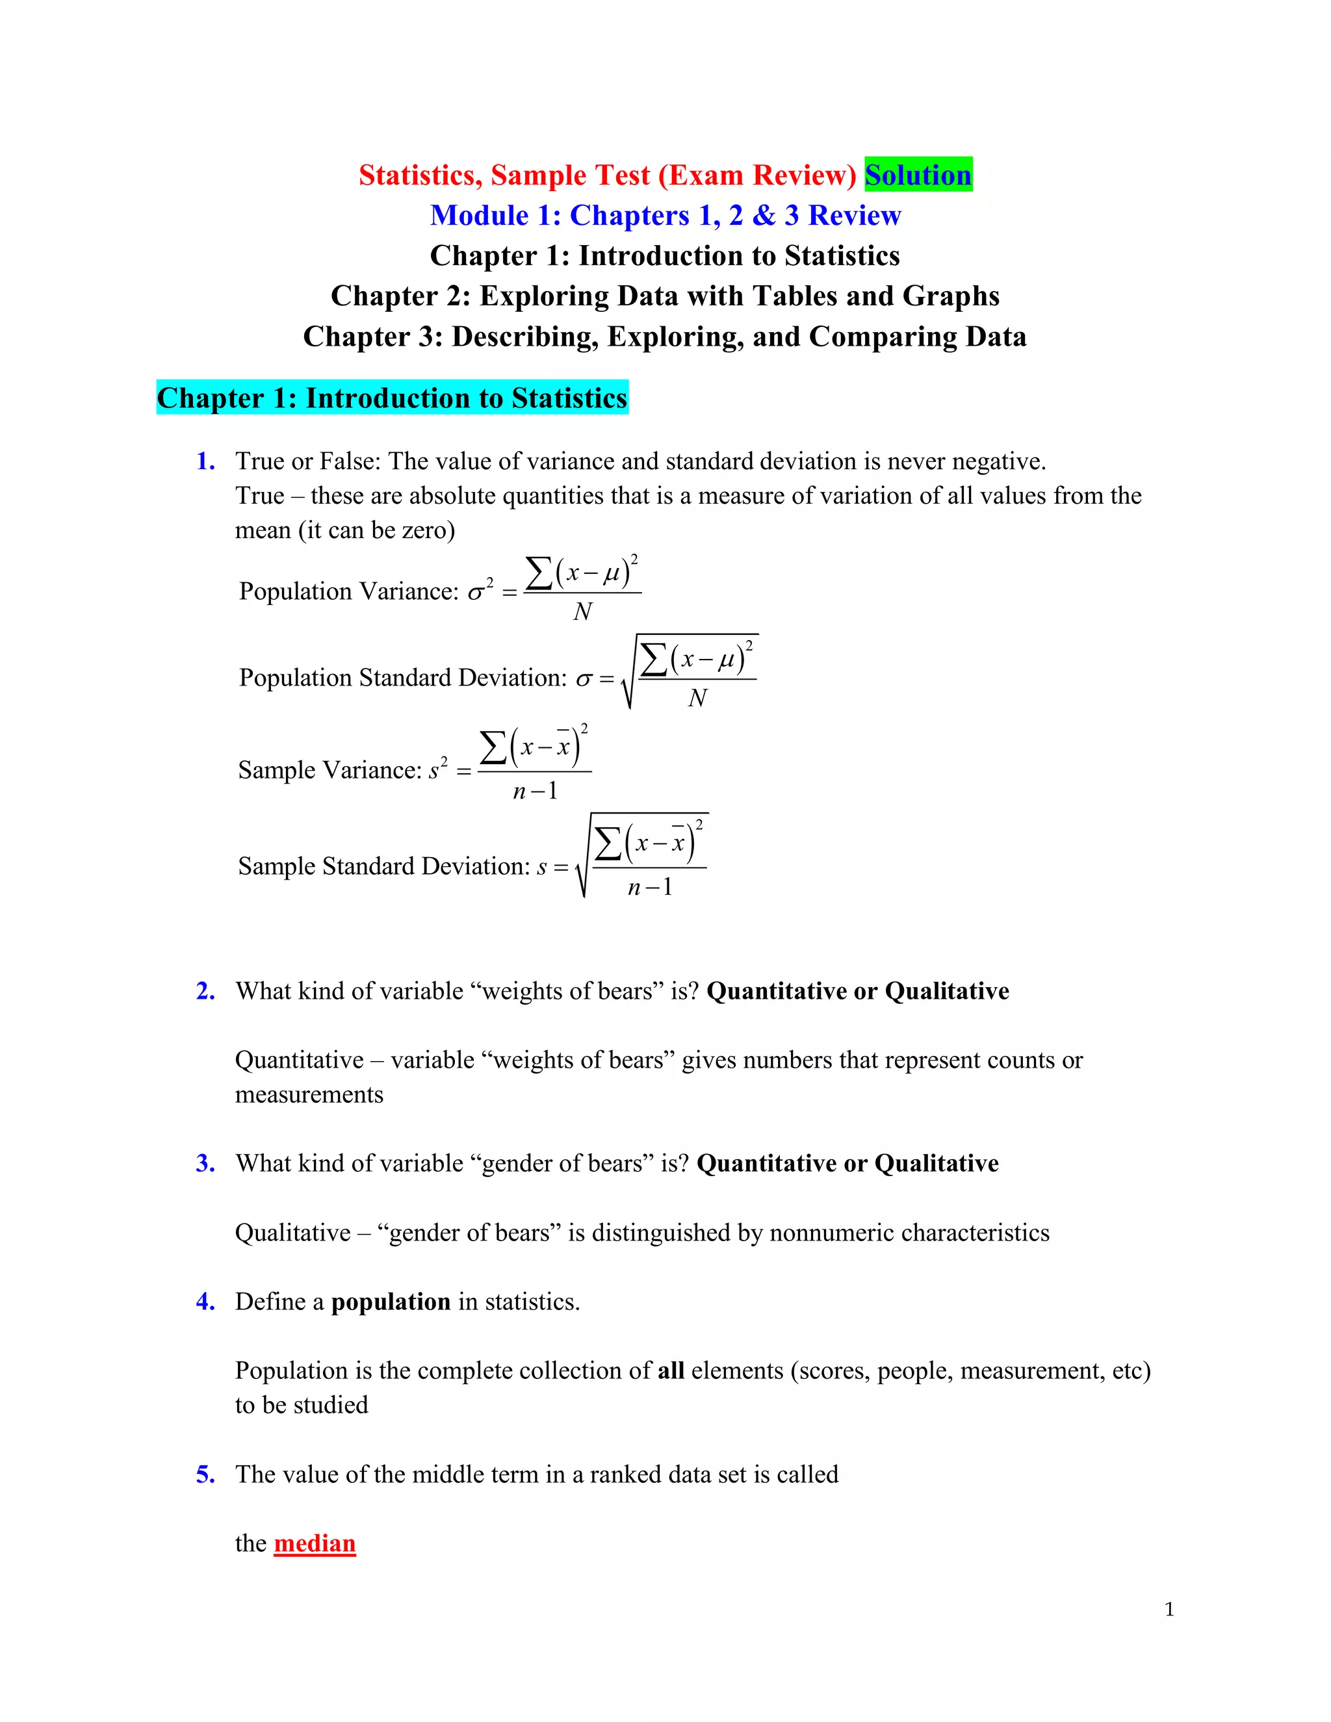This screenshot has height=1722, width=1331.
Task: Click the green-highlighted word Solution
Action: coord(918,175)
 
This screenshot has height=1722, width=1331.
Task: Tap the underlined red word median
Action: coord(315,1543)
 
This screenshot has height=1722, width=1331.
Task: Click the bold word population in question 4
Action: coord(391,1302)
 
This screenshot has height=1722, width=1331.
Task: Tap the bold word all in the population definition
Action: coord(671,1371)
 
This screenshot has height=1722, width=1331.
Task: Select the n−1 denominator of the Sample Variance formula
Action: coord(535,791)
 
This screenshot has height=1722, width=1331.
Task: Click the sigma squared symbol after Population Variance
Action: coord(480,591)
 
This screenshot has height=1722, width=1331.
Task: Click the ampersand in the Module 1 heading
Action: coord(763,215)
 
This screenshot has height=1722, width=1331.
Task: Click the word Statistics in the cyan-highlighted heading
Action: coord(569,398)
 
